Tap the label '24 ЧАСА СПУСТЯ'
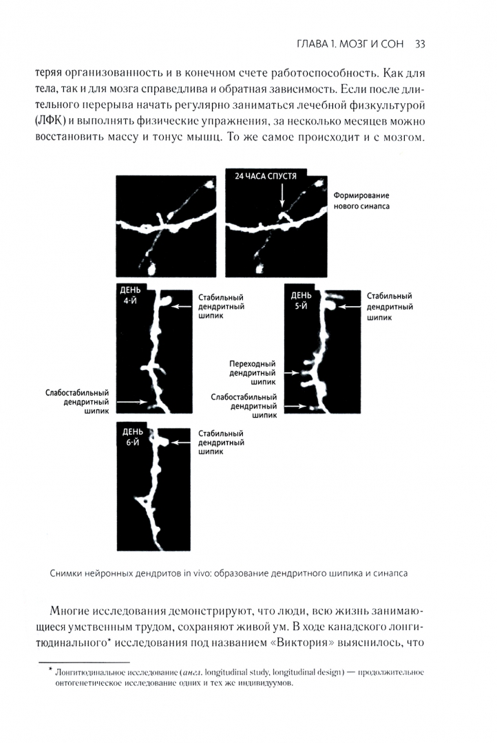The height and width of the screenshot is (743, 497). click(x=265, y=175)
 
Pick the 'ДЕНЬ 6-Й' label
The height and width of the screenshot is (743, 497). click(x=132, y=437)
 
